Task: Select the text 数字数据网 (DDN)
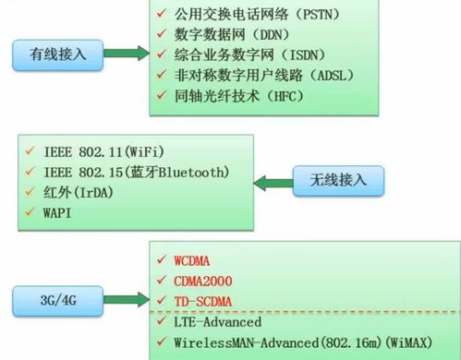point(233,34)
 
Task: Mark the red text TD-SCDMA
point(206,302)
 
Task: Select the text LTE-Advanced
point(217,323)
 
